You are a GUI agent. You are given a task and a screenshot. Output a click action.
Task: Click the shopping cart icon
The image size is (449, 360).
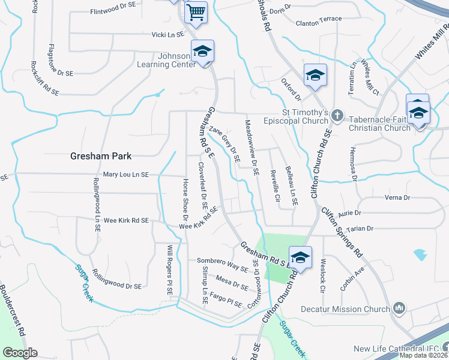(195, 11)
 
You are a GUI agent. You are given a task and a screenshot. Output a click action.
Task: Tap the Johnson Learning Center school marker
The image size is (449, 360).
(203, 51)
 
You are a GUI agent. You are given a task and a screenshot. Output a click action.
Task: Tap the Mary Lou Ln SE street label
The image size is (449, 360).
(125, 175)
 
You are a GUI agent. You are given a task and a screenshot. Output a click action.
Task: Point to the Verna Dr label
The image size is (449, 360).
(398, 197)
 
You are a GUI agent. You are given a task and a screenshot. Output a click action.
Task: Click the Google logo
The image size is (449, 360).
(20, 353)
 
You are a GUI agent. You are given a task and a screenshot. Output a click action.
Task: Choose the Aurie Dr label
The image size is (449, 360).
(349, 213)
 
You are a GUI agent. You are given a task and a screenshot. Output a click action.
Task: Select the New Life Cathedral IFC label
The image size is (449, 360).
(396, 349)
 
